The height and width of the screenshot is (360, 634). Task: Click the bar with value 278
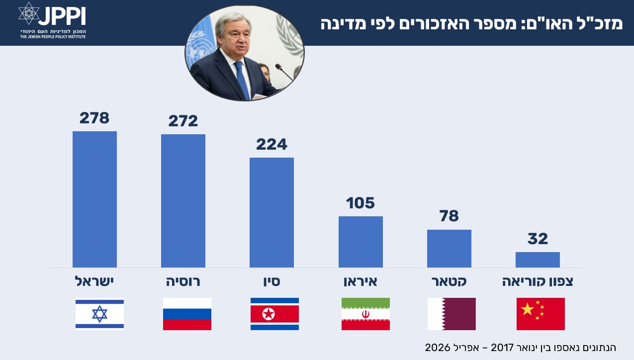coord(94,199)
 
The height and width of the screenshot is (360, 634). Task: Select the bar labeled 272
coord(183,201)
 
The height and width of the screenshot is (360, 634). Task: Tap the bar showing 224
coord(272,212)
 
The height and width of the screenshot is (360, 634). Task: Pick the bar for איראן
coord(361,242)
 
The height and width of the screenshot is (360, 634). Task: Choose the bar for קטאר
coord(449,249)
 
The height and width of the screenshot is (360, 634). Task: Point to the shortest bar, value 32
coord(538,260)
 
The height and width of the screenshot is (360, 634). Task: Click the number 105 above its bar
coord(361,203)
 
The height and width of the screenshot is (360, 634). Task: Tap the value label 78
coord(449,216)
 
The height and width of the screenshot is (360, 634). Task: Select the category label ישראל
coord(94,281)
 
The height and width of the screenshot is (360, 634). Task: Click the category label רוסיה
coord(183,281)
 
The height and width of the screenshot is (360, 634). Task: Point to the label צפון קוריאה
coord(538,281)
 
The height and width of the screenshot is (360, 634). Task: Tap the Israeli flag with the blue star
coord(99,314)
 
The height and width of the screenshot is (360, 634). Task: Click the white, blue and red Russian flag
coord(187,314)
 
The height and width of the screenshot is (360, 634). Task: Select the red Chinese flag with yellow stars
coord(541,314)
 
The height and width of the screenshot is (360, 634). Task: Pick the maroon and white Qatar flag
coord(452,314)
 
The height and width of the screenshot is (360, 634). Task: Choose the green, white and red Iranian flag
coord(365,314)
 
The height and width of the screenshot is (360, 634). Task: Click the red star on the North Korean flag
coord(269,314)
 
